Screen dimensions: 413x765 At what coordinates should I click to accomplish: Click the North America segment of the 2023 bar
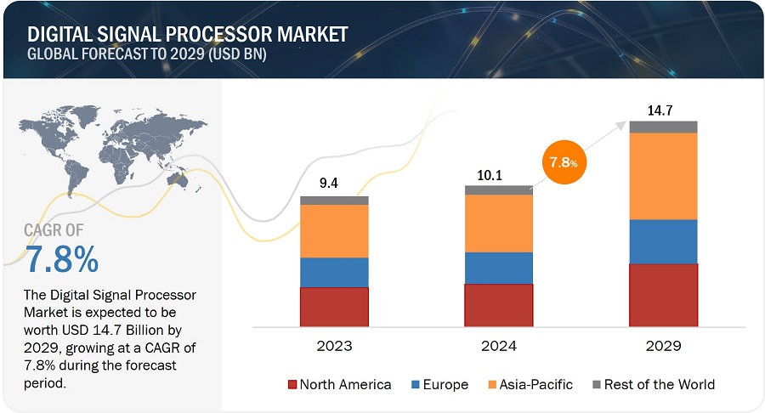[334, 306]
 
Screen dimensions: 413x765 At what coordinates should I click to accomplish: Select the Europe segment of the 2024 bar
[499, 268]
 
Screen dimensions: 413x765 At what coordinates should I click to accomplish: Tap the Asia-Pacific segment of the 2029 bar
[663, 176]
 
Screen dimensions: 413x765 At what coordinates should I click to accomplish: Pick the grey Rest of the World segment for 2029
[663, 127]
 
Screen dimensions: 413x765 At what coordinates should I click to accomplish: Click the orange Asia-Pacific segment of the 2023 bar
[334, 231]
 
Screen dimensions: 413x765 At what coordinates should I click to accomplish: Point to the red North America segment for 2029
[663, 294]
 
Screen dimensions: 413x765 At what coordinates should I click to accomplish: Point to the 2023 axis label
[334, 346]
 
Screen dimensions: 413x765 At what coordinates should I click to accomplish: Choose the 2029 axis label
[663, 346]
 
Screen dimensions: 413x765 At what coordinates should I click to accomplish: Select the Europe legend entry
[439, 385]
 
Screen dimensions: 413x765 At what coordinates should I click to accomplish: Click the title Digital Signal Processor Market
[188, 35]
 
